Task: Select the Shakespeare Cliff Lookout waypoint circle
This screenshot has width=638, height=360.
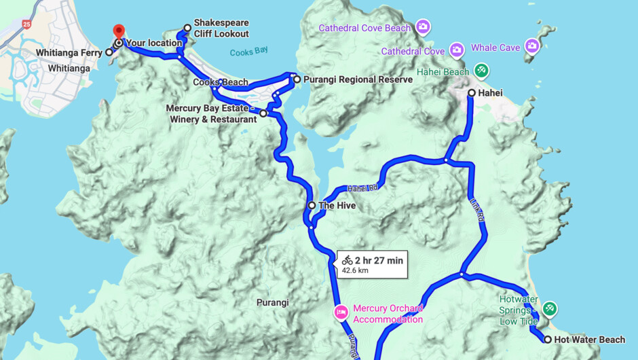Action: (x=187, y=29)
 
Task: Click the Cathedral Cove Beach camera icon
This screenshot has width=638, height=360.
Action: (x=423, y=27)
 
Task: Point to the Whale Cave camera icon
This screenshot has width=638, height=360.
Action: (x=532, y=46)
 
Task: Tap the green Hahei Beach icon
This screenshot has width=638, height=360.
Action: (x=481, y=71)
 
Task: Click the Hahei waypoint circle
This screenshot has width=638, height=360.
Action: (x=472, y=92)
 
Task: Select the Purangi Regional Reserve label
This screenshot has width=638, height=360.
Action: (x=358, y=79)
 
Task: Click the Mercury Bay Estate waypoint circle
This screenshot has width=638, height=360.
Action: (x=263, y=113)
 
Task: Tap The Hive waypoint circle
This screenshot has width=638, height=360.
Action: (x=312, y=205)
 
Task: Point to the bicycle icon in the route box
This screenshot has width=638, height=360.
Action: (x=347, y=260)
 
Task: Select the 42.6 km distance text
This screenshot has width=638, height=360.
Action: (x=355, y=270)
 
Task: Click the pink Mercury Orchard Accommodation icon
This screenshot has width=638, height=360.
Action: (x=340, y=312)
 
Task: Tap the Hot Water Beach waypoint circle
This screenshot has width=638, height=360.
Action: (x=548, y=340)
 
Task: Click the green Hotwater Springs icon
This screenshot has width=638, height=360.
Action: (x=550, y=309)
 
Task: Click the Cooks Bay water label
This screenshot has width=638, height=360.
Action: (x=249, y=52)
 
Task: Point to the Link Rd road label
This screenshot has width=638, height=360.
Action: (x=477, y=210)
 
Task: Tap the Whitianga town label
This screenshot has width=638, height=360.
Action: (x=69, y=69)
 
